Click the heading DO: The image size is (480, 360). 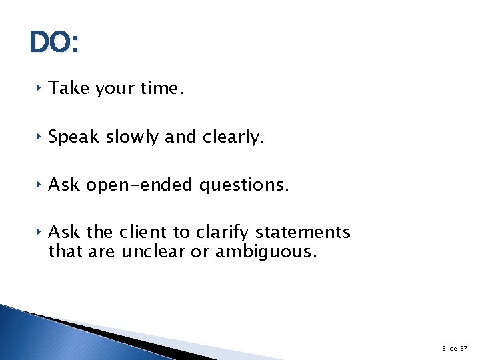(54, 43)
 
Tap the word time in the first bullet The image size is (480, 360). (159, 89)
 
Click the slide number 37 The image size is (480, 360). (464, 349)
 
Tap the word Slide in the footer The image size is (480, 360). (449, 349)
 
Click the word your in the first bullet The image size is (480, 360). (114, 89)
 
